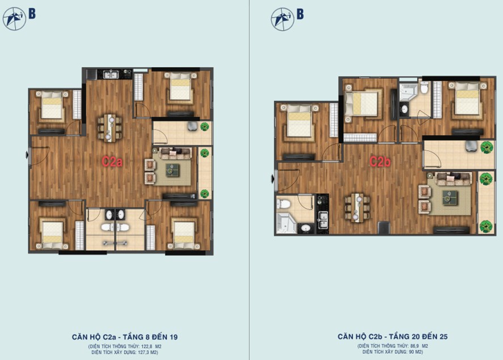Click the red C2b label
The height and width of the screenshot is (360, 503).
380,162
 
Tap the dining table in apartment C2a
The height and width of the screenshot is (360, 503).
109,128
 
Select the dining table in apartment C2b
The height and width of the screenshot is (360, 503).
357,207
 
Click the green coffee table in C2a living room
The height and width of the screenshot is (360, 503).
172,171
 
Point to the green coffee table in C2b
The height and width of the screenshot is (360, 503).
450,198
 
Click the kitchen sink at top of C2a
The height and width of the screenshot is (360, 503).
111,74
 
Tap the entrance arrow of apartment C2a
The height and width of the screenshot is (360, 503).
27,155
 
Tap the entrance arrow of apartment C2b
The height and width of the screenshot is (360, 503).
273,179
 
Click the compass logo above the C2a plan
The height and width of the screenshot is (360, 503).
14,19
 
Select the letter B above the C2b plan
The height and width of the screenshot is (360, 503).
300,14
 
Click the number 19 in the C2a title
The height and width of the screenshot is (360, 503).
174,337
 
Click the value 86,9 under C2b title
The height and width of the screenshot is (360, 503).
415,346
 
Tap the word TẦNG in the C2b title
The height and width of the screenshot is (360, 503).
399,337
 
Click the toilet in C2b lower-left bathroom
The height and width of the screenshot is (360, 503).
284,204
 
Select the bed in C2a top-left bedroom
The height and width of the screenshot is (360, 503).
52,105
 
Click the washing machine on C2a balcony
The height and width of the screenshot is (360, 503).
193,126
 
